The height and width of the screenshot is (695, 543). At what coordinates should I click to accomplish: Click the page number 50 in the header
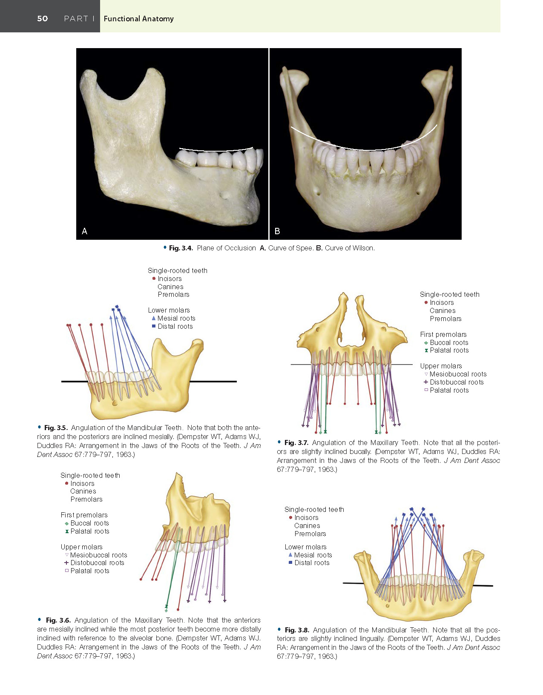pyautogui.click(x=42, y=19)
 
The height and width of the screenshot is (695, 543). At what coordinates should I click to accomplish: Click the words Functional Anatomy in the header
pyautogui.click(x=138, y=19)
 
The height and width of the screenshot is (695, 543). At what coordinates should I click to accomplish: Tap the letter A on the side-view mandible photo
pyautogui.click(x=84, y=231)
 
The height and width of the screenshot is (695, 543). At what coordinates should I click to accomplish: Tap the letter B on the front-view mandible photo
pyautogui.click(x=277, y=231)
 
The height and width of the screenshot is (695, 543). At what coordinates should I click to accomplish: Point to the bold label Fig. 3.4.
pyautogui.click(x=181, y=248)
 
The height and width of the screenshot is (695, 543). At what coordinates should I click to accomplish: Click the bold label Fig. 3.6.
pyautogui.click(x=58, y=620)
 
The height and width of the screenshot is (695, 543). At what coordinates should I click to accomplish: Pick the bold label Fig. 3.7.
pyautogui.click(x=296, y=442)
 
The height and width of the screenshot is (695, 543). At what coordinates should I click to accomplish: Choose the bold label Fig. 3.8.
pyautogui.click(x=297, y=630)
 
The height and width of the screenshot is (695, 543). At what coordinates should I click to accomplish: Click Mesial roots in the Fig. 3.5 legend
pyautogui.click(x=176, y=318)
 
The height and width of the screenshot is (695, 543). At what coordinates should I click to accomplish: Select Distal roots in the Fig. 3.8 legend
pyautogui.click(x=312, y=563)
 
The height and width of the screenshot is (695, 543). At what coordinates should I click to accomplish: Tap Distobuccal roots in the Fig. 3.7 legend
pyautogui.click(x=457, y=382)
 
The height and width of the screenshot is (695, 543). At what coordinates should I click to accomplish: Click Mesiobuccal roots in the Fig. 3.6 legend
pyautogui.click(x=98, y=555)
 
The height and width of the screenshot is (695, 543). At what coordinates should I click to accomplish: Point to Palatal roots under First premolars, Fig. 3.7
pyautogui.click(x=449, y=350)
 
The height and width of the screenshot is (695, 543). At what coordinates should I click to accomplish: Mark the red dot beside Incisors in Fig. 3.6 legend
pyautogui.click(x=66, y=483)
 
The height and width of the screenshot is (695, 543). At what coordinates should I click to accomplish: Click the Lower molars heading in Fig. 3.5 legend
pyautogui.click(x=169, y=310)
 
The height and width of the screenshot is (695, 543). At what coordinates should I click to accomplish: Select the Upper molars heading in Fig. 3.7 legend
pyautogui.click(x=441, y=366)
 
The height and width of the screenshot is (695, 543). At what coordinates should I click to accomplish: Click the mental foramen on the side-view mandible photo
pyautogui.click(x=225, y=195)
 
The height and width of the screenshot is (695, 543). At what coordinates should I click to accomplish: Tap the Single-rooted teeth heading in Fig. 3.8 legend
pyautogui.click(x=314, y=509)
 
